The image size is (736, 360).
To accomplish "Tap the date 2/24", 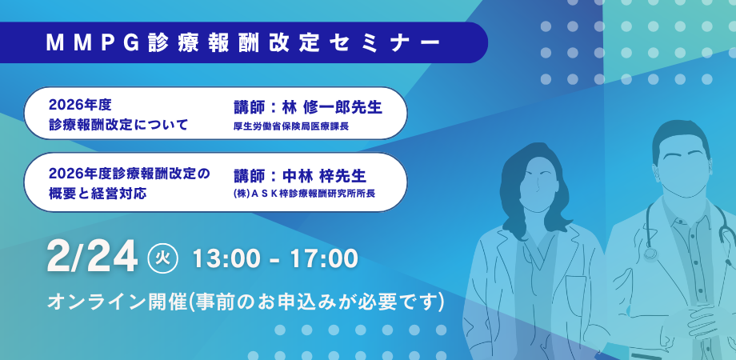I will coord(93,258).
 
